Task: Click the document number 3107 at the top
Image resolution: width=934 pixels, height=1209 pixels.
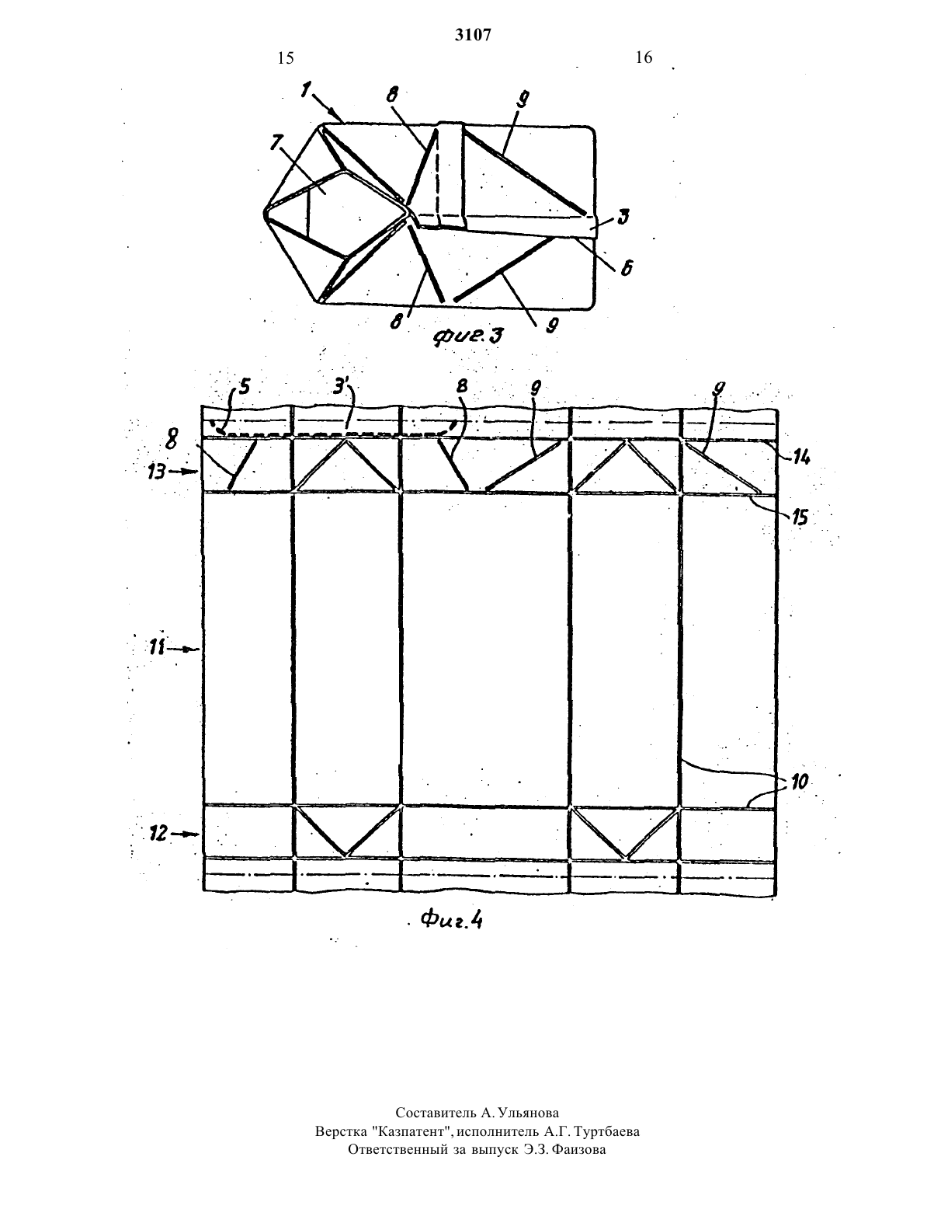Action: (473, 34)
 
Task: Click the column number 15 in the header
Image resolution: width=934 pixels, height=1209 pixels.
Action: (285, 57)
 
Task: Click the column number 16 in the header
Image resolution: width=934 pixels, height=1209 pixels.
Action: (644, 57)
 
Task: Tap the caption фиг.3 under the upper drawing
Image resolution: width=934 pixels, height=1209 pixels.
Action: (468, 336)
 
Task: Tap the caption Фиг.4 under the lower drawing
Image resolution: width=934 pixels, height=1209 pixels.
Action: (451, 920)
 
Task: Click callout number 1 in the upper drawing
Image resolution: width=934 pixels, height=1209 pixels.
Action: (306, 91)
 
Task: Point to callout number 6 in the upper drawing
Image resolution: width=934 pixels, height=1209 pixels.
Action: (627, 268)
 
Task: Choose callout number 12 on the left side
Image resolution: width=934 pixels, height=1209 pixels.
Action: (158, 833)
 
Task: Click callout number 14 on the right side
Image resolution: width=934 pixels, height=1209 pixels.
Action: (801, 458)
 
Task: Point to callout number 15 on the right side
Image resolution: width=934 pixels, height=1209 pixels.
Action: (799, 517)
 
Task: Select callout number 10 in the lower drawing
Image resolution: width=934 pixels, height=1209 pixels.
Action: (800, 782)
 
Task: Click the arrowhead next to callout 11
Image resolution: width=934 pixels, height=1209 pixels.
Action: (195, 649)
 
